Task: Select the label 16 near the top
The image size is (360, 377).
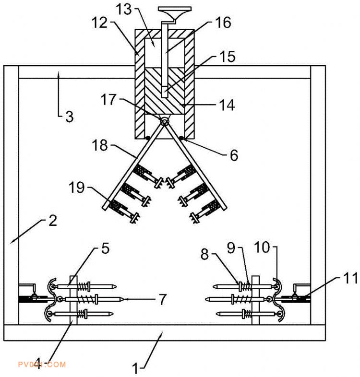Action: point(223,23)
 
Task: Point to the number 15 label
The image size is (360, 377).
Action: point(227,57)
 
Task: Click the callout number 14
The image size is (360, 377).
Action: point(227,105)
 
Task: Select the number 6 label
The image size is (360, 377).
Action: point(233,154)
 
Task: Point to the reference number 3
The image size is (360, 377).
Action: point(70,117)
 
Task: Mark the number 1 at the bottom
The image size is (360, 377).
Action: point(136,368)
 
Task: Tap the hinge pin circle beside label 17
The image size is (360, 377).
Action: point(164,122)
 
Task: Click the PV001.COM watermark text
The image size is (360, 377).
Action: point(41,365)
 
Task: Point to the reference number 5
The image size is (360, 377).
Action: point(105,248)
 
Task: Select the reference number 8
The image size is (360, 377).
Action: point(205,254)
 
